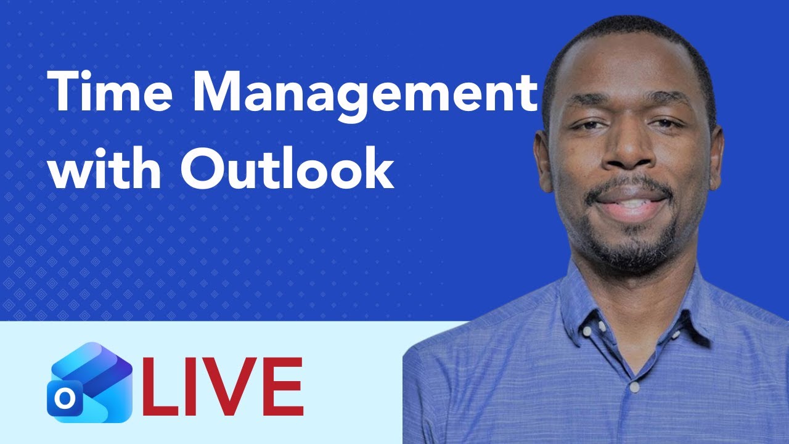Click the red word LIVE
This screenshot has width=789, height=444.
coord(223,387)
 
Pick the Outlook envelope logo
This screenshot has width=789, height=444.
coord(89,382)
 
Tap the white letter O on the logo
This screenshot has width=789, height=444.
coord(62,400)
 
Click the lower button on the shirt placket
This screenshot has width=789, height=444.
coord(634,387)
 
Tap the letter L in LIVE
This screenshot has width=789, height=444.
coord(158,387)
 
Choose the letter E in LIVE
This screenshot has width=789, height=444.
coord(281,387)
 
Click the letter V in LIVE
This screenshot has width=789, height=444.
coord(227,387)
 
